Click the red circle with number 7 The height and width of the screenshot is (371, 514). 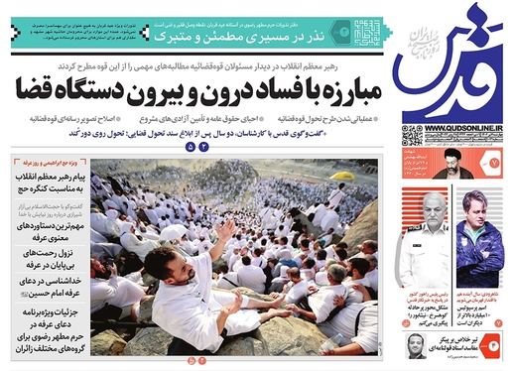coord(495,159)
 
